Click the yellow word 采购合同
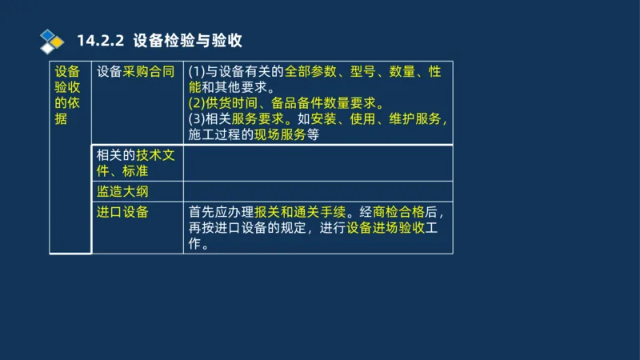(x=148, y=72)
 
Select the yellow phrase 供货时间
(x=234, y=104)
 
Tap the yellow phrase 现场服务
(x=280, y=134)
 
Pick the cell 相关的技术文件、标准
(x=135, y=162)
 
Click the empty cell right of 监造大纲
(x=318, y=191)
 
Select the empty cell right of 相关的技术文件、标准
(x=318, y=162)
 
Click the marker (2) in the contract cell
(x=197, y=104)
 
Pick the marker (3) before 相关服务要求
(x=197, y=119)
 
